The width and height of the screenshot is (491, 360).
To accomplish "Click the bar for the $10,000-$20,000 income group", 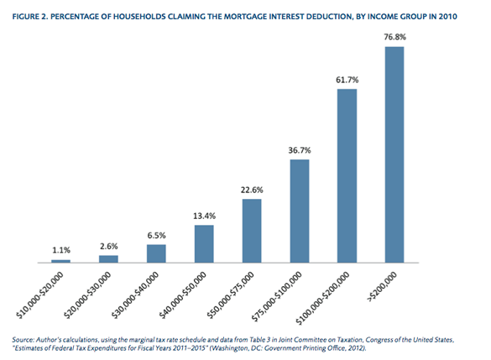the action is (x=60, y=261).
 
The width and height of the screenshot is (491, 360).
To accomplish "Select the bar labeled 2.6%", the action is (x=108, y=259).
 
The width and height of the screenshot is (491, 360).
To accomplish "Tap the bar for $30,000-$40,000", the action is (x=156, y=253).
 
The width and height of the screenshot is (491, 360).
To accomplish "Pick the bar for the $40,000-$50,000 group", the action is (x=204, y=244).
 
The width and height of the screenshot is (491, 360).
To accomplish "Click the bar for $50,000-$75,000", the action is (x=252, y=231).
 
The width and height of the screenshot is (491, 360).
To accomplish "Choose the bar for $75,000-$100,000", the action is (x=300, y=211).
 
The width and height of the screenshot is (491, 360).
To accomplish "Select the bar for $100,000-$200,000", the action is (x=347, y=176).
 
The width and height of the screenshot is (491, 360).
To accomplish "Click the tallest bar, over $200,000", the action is (x=394, y=154).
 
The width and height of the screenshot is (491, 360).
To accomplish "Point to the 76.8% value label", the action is (x=394, y=37).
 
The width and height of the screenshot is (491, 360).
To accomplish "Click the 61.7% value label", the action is (x=347, y=80).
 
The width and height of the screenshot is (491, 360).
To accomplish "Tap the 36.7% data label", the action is (x=300, y=150).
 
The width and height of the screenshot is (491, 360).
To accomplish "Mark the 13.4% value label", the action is (x=204, y=216).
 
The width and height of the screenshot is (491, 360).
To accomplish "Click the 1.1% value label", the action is (x=61, y=250).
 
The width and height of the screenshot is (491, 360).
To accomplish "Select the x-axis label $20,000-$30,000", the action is (x=87, y=295).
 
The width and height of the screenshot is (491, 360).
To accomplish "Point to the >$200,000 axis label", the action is (x=383, y=287).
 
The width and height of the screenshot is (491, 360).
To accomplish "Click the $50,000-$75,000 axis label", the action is (x=231, y=295).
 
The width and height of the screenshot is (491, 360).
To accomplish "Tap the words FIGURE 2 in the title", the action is (x=30, y=17).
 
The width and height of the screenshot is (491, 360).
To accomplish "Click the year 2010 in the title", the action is (x=448, y=17).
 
